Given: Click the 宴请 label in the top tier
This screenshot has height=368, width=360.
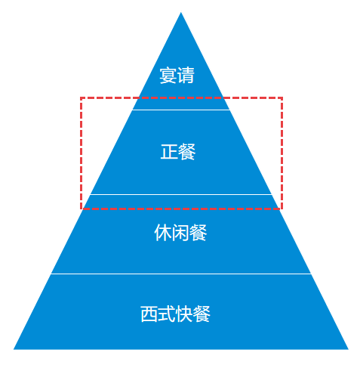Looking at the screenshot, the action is pyautogui.click(x=177, y=75).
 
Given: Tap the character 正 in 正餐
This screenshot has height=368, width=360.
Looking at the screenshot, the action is pyautogui.click(x=169, y=152).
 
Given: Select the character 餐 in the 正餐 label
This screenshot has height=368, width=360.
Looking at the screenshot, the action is pyautogui.click(x=186, y=152).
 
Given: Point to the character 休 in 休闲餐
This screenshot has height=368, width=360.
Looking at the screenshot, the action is pyautogui.click(x=163, y=233).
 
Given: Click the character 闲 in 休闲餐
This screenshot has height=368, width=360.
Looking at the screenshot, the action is pyautogui.click(x=180, y=233).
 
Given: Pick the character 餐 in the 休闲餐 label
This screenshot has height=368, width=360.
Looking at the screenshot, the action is pyautogui.click(x=198, y=233).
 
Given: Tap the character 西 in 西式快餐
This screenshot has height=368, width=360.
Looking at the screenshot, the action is pyautogui.click(x=149, y=314).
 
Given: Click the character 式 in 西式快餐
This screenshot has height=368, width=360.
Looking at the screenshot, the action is pyautogui.click(x=167, y=314).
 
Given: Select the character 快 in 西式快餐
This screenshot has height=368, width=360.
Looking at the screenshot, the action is pyautogui.click(x=184, y=314).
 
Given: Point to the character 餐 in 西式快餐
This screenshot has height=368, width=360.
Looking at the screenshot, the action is pyautogui.click(x=202, y=314).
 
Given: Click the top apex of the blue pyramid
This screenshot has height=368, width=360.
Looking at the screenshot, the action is pyautogui.click(x=180, y=12).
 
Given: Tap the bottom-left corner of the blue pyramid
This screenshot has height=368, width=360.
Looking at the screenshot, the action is pyautogui.click(x=14, y=349).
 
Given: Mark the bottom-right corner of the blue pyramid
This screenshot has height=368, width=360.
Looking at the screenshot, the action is pyautogui.click(x=348, y=349).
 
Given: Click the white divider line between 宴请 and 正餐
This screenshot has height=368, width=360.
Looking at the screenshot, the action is pyautogui.click(x=181, y=110).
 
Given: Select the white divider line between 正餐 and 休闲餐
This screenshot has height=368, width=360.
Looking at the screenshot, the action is pyautogui.click(x=181, y=194).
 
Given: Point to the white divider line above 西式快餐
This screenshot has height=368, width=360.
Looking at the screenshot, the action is pyautogui.click(x=181, y=274).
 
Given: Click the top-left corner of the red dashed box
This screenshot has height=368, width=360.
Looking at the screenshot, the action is pyautogui.click(x=81, y=97).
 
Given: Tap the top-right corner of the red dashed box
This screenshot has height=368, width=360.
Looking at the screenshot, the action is pyautogui.click(x=282, y=97).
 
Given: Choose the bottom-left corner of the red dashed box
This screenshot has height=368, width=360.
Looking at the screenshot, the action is pyautogui.click(x=81, y=209).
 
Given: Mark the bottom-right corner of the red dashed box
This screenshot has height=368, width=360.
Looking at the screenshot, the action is pyautogui.click(x=282, y=209).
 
